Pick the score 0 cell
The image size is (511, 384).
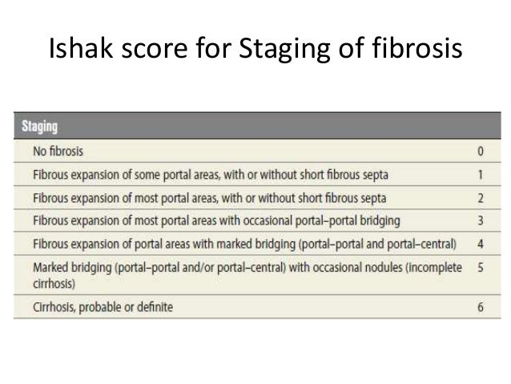tap(478, 149)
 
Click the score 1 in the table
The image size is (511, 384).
tap(478, 172)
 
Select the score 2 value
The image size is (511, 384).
tap(478, 196)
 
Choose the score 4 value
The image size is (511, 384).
tap(478, 243)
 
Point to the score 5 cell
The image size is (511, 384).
tap(478, 266)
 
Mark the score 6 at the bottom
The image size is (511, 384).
tap(478, 306)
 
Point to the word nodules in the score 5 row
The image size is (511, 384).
tap(374, 266)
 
